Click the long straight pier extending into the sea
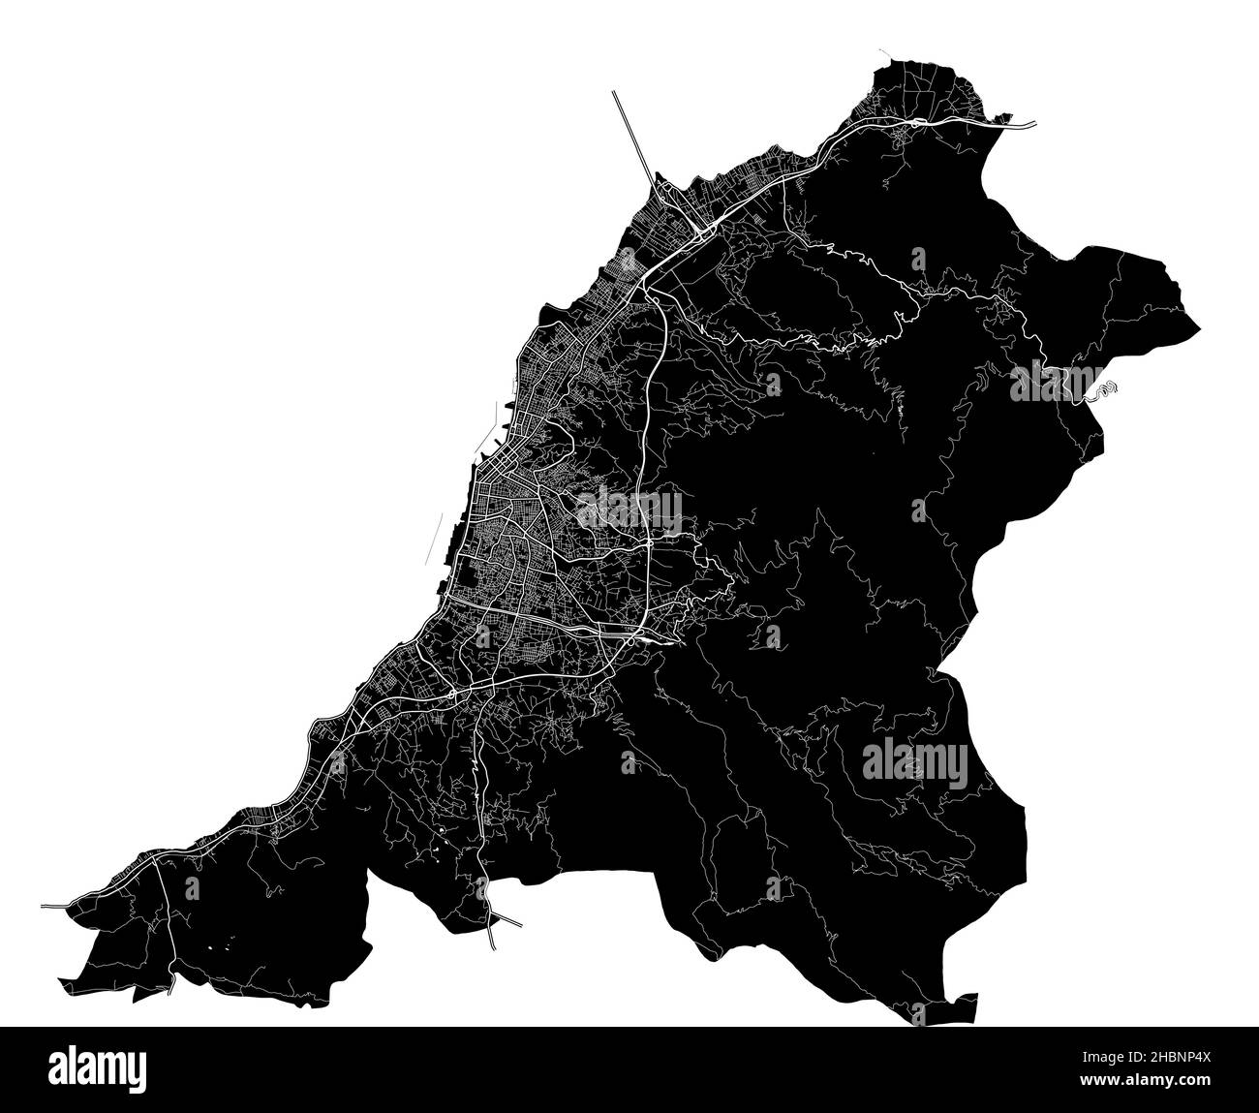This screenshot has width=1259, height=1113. (635, 136)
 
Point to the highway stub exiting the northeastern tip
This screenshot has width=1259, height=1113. (1022, 124)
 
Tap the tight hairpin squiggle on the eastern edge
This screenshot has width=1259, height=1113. (1107, 389)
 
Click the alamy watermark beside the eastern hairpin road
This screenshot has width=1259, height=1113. (1058, 383)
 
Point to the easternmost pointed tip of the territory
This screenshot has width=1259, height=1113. (1200, 325)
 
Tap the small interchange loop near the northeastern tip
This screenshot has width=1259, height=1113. (911, 127)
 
